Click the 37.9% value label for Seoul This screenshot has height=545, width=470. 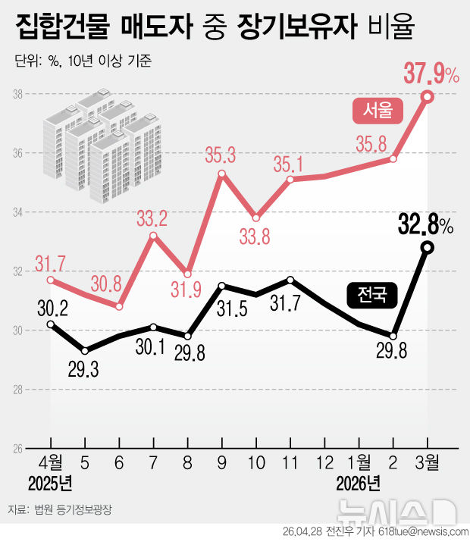click(430, 74)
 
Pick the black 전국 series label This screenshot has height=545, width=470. click(371, 294)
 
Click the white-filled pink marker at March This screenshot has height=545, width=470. click(428, 97)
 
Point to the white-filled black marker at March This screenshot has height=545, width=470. click(428, 247)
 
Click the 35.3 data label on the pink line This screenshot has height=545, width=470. click(221, 156)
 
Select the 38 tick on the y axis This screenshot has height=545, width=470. click(17, 94)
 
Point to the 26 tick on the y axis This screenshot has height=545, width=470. click(17, 449)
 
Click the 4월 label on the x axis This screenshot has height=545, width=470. click(51, 461)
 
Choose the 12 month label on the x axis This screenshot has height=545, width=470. click(324, 461)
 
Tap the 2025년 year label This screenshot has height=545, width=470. click(51, 482)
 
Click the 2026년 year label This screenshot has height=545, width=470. click(359, 482)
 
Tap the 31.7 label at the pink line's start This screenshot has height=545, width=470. click(49, 265)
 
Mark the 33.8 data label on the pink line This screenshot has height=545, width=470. click(255, 237)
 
